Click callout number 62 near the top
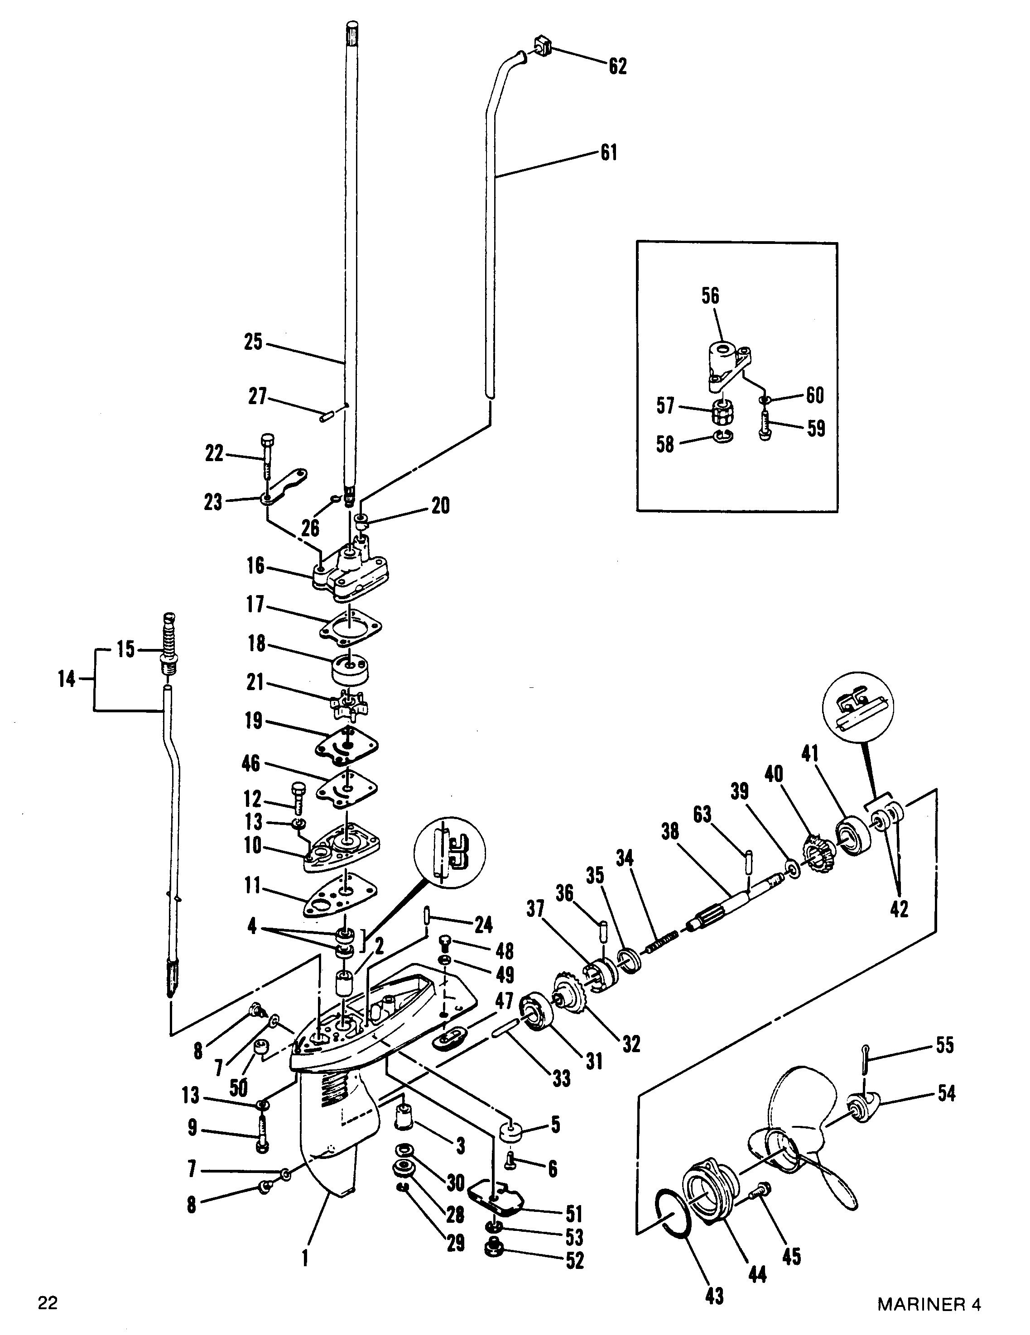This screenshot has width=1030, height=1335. point(617,66)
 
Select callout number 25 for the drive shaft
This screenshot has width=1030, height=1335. point(253,342)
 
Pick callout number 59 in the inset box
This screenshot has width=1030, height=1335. point(816,429)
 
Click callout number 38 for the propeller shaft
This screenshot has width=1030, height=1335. point(671,833)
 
